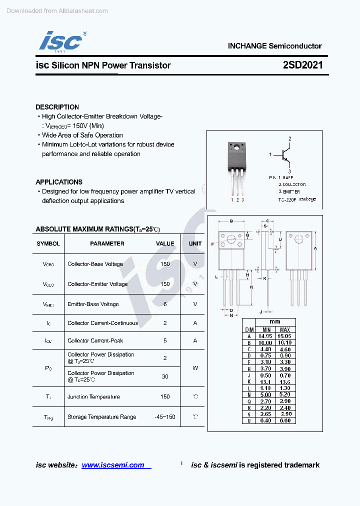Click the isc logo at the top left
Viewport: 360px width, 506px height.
pos(61,41)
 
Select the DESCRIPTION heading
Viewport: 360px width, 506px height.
pos(57,107)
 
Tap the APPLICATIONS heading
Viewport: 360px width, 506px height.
pos(59,182)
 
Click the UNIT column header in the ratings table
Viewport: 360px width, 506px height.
pos(195,244)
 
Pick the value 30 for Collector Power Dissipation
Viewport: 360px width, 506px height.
pos(165,376)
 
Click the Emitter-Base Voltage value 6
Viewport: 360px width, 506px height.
pos(165,304)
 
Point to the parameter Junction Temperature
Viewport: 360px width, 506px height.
pos(93,397)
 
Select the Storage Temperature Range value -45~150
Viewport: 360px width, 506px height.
pos(165,417)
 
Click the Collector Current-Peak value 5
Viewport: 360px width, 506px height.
pos(165,341)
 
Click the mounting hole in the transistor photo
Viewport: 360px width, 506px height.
pos(236,147)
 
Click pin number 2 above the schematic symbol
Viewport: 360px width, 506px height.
pos(289,138)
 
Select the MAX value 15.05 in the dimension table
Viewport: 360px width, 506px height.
pos(285,336)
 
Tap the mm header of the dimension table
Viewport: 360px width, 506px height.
pos(274,322)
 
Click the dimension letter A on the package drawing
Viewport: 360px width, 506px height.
pos(315,248)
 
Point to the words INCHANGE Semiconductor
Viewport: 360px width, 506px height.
pos(274,46)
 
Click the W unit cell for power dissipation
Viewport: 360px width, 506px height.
pos(195,368)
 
